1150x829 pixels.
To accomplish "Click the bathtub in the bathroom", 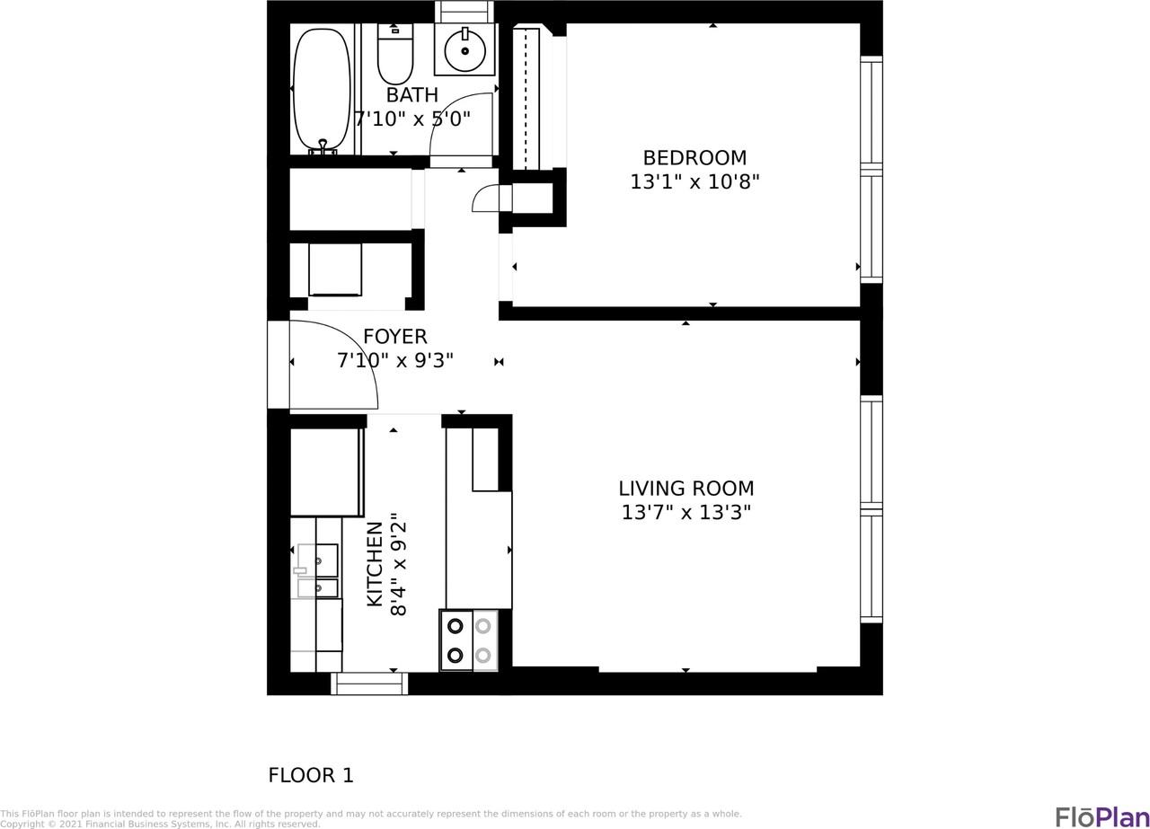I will pos(322,89).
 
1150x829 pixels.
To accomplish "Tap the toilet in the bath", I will pos(394,56).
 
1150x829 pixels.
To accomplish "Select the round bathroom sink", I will pos(464,50).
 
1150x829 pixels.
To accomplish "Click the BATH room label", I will pos(411,95).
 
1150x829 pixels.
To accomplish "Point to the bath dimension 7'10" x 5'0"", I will pos(411,119).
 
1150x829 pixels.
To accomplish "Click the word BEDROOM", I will pos(694,158).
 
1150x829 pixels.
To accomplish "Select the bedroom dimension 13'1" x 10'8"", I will pos(694,181).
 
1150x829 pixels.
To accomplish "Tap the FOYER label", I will pos(394,337).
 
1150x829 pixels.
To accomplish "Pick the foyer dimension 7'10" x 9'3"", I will pos(394,360).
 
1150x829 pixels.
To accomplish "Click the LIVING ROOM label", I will pos(686,489).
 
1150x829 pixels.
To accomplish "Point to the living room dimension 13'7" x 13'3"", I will pos(686,512).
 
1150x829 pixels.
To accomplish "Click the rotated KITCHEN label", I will pos(376,563).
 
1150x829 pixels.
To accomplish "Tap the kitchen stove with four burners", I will pos(468,640).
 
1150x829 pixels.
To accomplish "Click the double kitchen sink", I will pos(318,570).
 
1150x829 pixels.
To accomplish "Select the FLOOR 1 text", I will pos(311,775).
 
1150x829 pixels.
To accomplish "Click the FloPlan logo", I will pos(1101,816).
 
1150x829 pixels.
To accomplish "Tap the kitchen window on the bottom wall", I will pos(369,683).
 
